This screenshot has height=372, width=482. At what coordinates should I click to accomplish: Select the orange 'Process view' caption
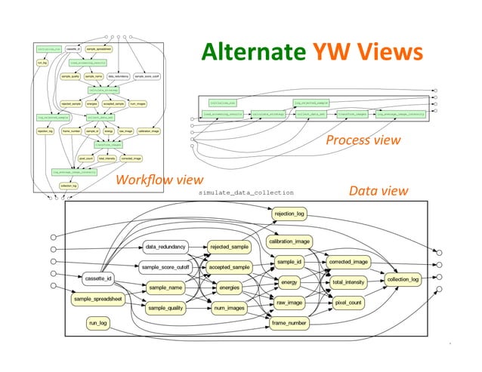pos(363,140)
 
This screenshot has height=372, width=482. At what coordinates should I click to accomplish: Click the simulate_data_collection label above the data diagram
pos(245,193)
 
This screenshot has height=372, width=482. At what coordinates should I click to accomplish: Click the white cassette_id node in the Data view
pos(98,278)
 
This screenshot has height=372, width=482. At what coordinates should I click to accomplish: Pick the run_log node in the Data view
pos(98,324)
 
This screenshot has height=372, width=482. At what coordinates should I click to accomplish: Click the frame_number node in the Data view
pos(289,324)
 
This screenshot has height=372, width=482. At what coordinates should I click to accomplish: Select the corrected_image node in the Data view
pos(348,262)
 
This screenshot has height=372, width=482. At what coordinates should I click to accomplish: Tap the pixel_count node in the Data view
pos(348,302)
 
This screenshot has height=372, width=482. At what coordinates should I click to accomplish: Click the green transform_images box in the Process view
pos(353,113)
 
